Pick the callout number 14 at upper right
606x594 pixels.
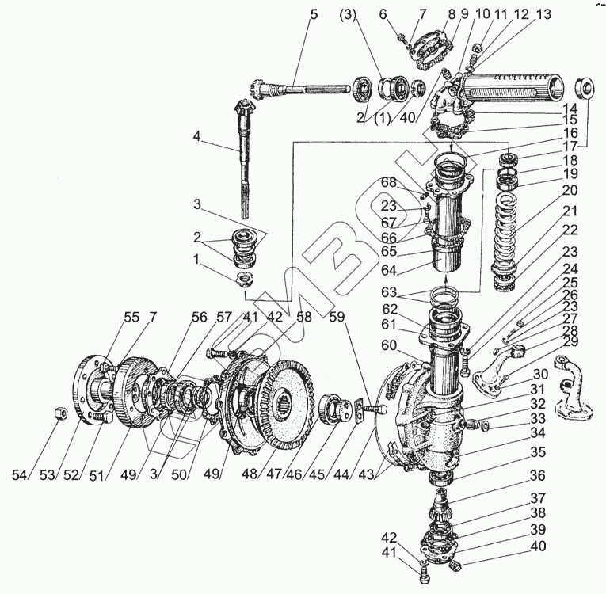click(570, 107)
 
